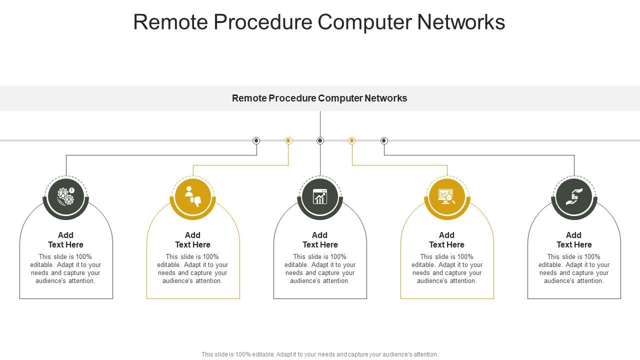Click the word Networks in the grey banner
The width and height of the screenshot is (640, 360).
click(x=385, y=98)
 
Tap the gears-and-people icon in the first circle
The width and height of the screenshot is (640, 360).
click(x=65, y=196)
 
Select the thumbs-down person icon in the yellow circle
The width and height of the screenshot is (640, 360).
click(x=193, y=196)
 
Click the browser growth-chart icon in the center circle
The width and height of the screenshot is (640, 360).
click(x=320, y=196)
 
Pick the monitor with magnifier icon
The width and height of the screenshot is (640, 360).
click(x=447, y=196)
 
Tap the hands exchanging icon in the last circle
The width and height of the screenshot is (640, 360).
click(x=574, y=196)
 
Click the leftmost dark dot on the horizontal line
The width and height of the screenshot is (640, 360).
click(x=256, y=141)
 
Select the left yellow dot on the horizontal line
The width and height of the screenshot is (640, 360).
click(x=288, y=141)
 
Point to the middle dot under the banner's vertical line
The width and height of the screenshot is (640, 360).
click(x=320, y=141)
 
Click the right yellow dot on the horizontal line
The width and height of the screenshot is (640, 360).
click(x=352, y=141)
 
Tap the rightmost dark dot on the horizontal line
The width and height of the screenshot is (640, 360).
click(x=384, y=141)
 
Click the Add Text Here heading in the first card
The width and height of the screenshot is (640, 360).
click(x=65, y=240)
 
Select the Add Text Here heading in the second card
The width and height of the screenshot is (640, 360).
click(x=192, y=240)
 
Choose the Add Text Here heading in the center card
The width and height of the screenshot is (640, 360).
click(x=320, y=240)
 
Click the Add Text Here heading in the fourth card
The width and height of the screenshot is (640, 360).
click(x=446, y=240)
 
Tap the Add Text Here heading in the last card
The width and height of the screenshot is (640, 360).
click(x=574, y=240)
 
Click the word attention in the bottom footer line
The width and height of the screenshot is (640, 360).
click(x=424, y=354)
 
